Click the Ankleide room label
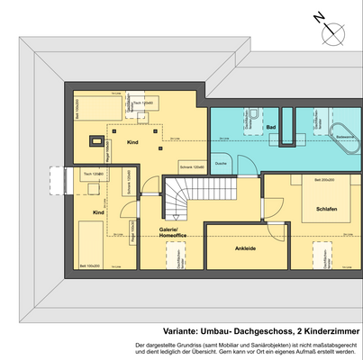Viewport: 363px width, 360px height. click(x=245, y=246)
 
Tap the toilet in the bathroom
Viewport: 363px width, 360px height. click(x=254, y=114)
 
